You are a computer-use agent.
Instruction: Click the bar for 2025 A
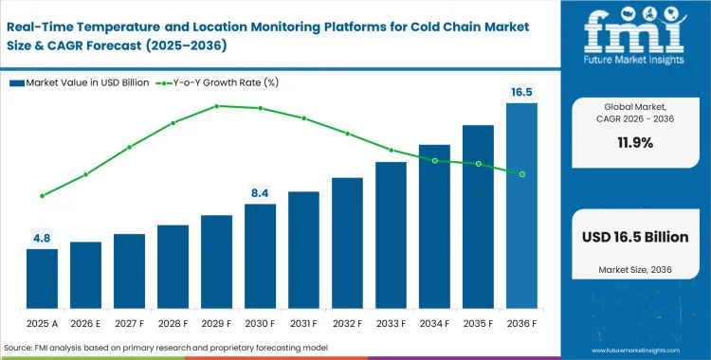click(42, 280)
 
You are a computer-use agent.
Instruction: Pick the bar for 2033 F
click(391, 237)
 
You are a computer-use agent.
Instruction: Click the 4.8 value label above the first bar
click(42, 239)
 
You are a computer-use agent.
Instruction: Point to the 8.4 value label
click(260, 193)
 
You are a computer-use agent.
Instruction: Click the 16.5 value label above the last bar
click(521, 93)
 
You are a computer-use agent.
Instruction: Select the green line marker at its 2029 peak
click(216, 106)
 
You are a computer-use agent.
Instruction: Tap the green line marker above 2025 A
click(42, 196)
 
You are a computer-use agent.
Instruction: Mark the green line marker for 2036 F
click(521, 173)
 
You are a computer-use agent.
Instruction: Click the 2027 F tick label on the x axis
click(129, 322)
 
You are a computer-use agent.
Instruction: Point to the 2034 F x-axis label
click(434, 322)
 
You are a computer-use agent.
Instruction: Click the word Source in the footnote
click(20, 349)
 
